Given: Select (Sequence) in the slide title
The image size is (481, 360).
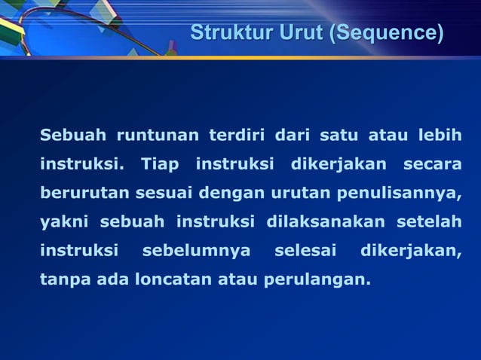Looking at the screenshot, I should pyautogui.click(x=386, y=33).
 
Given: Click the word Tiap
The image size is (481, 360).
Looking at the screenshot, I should pyautogui.click(x=159, y=163).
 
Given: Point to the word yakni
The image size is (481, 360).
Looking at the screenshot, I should pyautogui.click(x=64, y=221).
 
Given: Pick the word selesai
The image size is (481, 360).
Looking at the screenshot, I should pyautogui.click(x=305, y=249).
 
